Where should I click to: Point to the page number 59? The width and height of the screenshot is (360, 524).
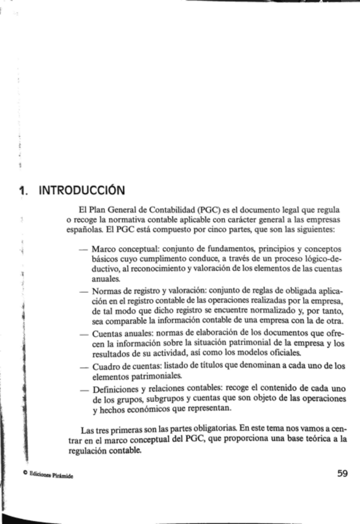pos(343,474)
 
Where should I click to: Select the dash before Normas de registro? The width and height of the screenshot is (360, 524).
pos(83,290)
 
